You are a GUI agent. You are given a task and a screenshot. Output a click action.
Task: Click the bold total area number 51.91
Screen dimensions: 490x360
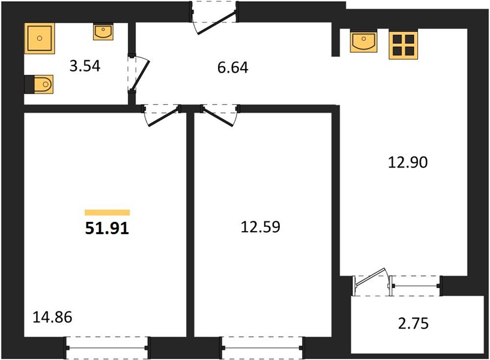(107, 229)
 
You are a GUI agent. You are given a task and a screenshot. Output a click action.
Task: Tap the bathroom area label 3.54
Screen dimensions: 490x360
(85, 66)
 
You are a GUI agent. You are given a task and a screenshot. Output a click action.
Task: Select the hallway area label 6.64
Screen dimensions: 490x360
(233, 67)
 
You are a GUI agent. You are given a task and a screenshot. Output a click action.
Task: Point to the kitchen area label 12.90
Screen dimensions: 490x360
(408, 163)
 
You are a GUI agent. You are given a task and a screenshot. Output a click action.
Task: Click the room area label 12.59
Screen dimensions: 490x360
(261, 227)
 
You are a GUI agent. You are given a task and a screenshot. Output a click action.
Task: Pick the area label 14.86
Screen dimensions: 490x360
(52, 317)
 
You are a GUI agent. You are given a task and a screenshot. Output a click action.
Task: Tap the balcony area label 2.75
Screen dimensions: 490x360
(413, 323)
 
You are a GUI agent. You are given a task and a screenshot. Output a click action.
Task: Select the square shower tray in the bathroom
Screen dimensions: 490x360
(40, 38)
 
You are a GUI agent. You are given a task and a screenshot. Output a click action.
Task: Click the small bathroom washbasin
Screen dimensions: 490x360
(103, 32)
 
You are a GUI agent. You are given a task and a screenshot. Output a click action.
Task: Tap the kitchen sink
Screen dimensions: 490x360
(363, 41)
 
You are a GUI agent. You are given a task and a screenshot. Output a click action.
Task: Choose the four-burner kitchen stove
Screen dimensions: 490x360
(403, 44)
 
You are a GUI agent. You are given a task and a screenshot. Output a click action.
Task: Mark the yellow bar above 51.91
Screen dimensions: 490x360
(107, 212)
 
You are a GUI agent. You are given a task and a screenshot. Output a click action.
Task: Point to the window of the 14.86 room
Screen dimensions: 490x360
(107, 348)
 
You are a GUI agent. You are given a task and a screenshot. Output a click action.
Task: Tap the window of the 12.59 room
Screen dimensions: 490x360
(261, 348)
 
